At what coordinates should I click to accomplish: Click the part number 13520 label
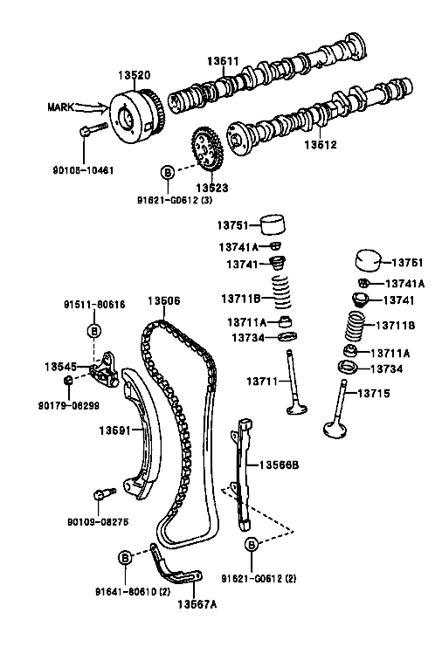[135, 75]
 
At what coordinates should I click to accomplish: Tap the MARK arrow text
[60, 107]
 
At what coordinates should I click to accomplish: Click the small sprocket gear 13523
[207, 149]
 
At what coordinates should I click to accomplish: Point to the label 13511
[223, 61]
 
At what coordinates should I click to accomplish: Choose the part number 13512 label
[321, 145]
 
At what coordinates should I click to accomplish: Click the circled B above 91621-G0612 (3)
[168, 172]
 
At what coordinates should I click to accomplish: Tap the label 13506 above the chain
[164, 301]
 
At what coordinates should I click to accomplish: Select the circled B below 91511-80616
[94, 331]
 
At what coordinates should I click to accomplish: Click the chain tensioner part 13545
[105, 370]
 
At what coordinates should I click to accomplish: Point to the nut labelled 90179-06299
[69, 380]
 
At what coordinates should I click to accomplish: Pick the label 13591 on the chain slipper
[114, 430]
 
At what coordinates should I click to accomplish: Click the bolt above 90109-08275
[105, 493]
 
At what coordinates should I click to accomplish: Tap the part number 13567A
[197, 604]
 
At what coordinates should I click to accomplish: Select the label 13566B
[279, 465]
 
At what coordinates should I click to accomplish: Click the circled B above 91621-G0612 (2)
[252, 545]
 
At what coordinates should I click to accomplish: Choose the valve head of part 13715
[335, 430]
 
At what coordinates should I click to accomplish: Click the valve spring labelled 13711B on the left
[283, 293]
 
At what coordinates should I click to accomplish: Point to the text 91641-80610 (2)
[133, 592]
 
